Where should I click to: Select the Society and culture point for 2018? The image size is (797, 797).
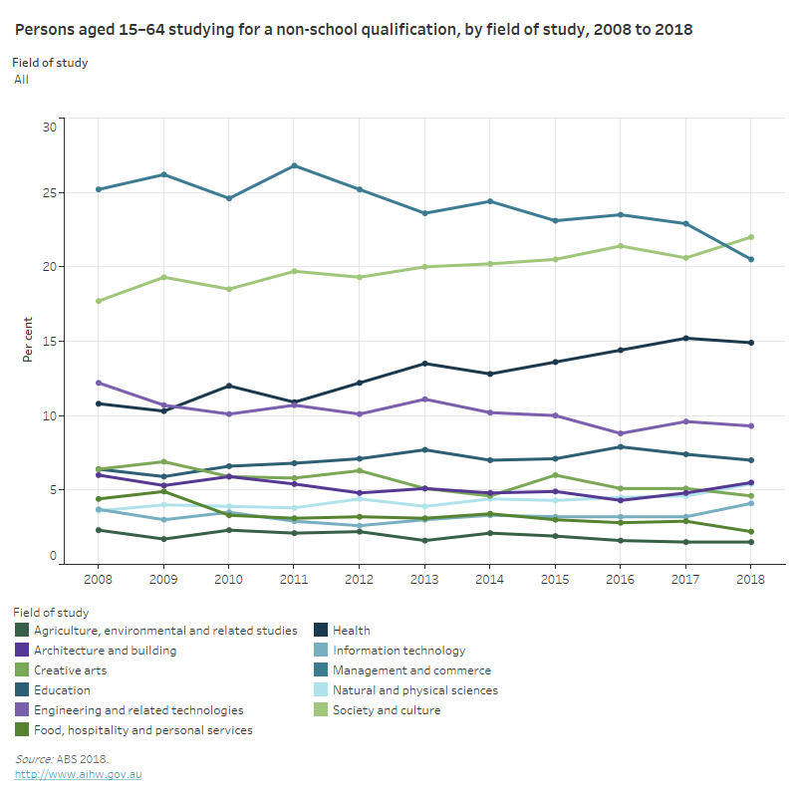tap(750, 237)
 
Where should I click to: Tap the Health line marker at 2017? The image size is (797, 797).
tap(685, 339)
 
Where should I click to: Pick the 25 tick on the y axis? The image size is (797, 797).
tap(49, 193)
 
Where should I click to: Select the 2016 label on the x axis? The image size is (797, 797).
tap(620, 578)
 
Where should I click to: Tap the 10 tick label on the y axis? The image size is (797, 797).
tap(49, 415)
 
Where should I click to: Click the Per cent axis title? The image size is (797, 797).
tap(28, 342)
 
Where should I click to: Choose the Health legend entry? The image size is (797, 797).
tap(352, 631)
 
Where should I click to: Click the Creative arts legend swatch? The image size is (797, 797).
tap(21, 670)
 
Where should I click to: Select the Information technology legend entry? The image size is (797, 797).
tap(398, 651)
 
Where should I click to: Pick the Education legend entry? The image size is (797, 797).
tap(62, 690)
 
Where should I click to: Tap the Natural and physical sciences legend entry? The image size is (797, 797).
tap(414, 690)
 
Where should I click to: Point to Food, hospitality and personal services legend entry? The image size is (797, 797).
tap(142, 730)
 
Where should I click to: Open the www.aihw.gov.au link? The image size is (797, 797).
tap(78, 774)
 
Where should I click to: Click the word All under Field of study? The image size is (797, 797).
tap(21, 79)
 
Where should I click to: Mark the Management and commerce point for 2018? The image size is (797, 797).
tap(750, 259)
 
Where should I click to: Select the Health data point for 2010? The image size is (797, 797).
tap(229, 386)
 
